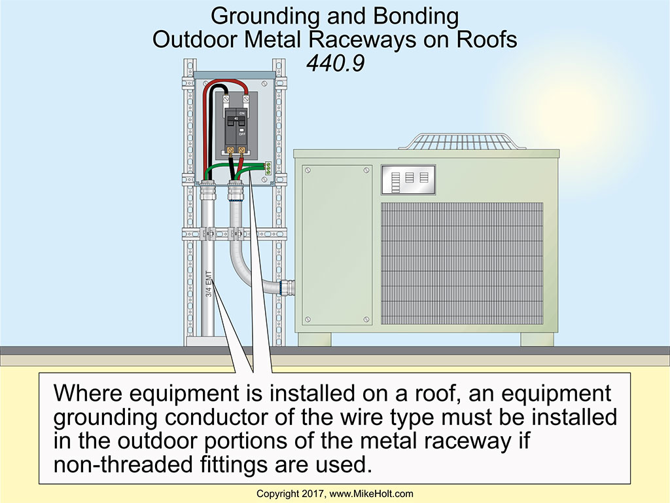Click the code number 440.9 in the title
(x=334, y=64)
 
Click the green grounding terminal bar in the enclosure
(x=267, y=167)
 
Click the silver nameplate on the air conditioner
(x=408, y=179)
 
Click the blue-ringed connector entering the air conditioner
(x=287, y=288)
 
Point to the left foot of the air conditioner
(x=314, y=339)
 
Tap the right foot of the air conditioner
(x=537, y=339)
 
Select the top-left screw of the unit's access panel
(x=308, y=171)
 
